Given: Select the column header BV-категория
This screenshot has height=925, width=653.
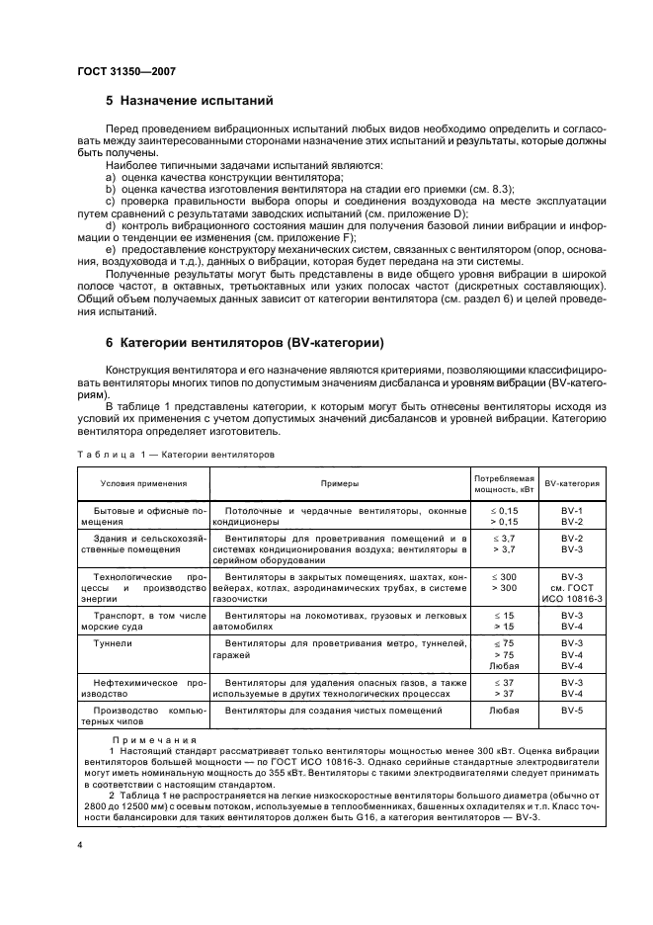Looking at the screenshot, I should tap(572, 483).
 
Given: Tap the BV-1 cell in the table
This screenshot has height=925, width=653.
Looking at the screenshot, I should tap(572, 510).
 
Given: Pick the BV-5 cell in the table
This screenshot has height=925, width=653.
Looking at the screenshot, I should tap(572, 710).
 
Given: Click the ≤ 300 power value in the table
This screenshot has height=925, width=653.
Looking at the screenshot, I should tap(505, 575).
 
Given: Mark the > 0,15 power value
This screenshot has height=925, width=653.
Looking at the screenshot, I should tap(505, 521).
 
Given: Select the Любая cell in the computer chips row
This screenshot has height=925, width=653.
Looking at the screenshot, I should tap(505, 710).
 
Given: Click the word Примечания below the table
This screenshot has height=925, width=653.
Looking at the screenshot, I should tap(154, 739).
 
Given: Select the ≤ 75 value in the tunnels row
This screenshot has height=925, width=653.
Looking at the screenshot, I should tap(505, 643).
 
